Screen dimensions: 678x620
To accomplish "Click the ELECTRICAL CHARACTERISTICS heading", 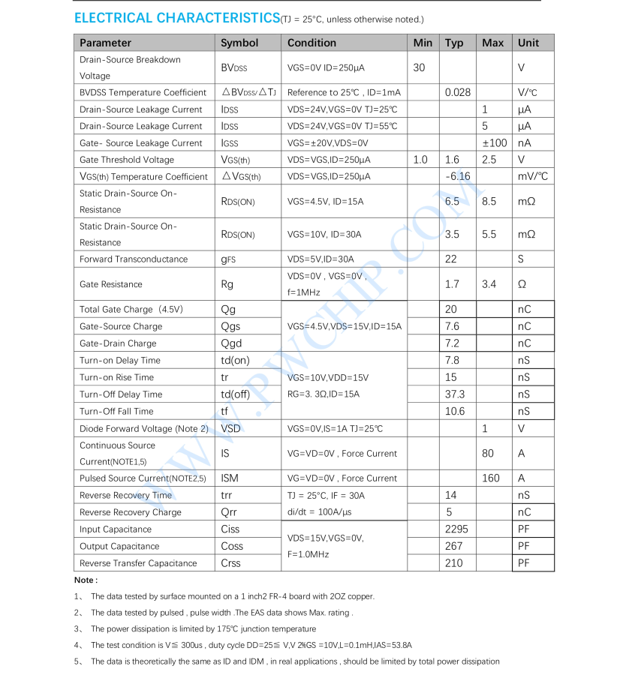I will pyautogui.click(x=177, y=18).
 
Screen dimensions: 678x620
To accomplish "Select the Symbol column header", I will pyautogui.click(x=239, y=43).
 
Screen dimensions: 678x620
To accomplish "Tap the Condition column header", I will pyautogui.click(x=312, y=43).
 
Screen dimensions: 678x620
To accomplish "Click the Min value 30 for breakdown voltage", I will pyautogui.click(x=419, y=67).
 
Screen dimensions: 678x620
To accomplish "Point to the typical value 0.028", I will pyautogui.click(x=458, y=92).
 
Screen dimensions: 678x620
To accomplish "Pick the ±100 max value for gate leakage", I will pyautogui.click(x=494, y=142).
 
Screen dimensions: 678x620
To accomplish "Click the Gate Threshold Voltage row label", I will pyautogui.click(x=126, y=160).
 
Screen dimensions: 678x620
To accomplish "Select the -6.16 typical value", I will pyautogui.click(x=457, y=176).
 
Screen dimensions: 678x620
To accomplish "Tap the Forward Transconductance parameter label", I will pyautogui.click(x=134, y=259).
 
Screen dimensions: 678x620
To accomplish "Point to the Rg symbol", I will pyautogui.click(x=227, y=284).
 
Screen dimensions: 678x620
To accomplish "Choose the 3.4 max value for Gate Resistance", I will pyautogui.click(x=489, y=284).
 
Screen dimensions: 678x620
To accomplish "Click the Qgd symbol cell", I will pyautogui.click(x=230, y=343).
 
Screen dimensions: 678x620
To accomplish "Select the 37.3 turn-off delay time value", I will pyautogui.click(x=455, y=394).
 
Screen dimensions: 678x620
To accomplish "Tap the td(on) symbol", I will pyautogui.click(x=235, y=361).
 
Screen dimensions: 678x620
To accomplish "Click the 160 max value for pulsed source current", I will pyautogui.click(x=491, y=478).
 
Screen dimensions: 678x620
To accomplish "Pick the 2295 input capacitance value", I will pyautogui.click(x=456, y=529).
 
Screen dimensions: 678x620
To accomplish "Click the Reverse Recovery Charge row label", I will pyautogui.click(x=130, y=512).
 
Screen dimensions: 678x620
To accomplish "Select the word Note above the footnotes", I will pyautogui.click(x=85, y=580).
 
